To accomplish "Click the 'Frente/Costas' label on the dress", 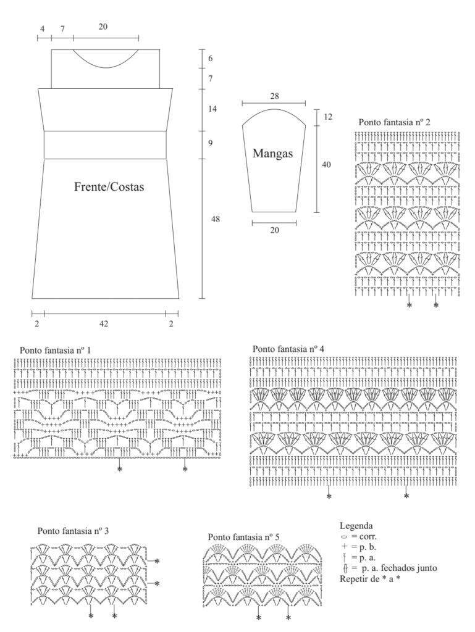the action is click(x=109, y=186).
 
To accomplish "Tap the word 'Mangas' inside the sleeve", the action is click(x=272, y=154).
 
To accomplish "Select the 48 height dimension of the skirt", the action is click(x=216, y=219).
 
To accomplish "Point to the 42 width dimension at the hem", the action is click(x=104, y=323).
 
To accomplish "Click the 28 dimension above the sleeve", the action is click(x=275, y=96).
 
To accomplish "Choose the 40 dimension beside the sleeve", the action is click(x=326, y=164).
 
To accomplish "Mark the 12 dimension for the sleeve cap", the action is click(x=328, y=117).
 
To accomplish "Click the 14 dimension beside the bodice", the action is click(x=212, y=109).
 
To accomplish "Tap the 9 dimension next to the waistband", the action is click(x=211, y=143).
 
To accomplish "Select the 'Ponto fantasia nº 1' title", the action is click(x=55, y=350).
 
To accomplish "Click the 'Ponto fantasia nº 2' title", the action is click(x=394, y=122).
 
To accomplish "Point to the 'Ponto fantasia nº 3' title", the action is click(x=73, y=531).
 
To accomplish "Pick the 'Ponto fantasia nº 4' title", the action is click(x=288, y=349).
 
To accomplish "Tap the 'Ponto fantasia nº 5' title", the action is click(x=243, y=537).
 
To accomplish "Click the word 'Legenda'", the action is click(x=356, y=526).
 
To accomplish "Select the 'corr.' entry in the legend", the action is click(x=368, y=536).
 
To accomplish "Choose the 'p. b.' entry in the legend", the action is click(x=368, y=547).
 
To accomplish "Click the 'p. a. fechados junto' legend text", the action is click(x=399, y=568).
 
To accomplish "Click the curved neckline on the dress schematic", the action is click(x=106, y=68).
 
